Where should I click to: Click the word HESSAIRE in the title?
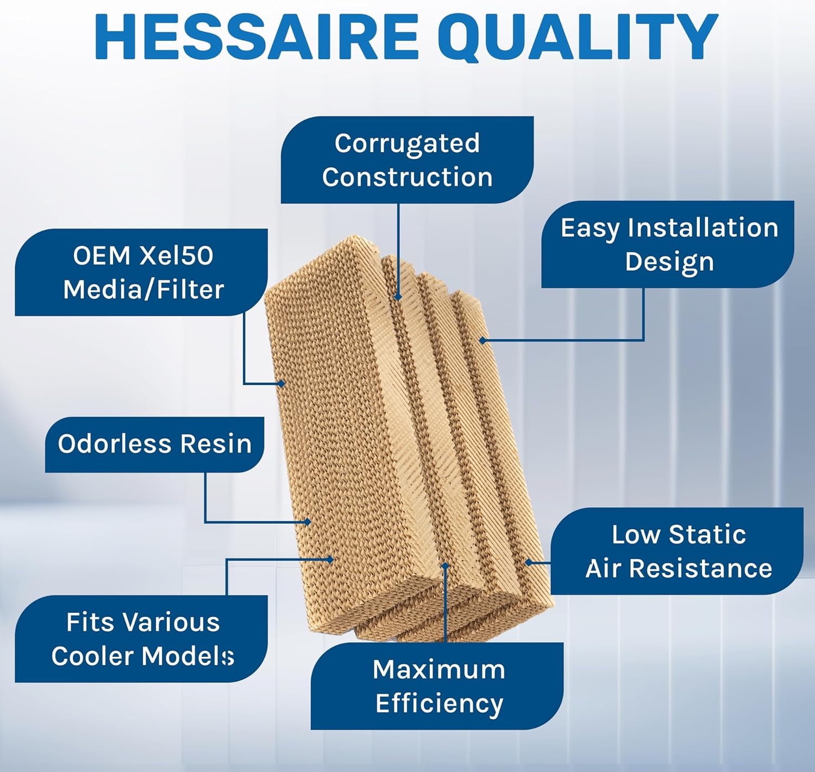coord(257,37)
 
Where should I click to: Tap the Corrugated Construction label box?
coord(407,160)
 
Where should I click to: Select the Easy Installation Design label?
coord(668,244)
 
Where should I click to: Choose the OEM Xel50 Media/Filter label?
coord(141,272)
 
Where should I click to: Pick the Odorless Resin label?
coord(155,444)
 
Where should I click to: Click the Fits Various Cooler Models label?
coord(141,639)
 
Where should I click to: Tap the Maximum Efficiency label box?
coord(437,686)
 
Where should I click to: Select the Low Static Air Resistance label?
coord(677,551)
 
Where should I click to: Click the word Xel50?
coord(177,255)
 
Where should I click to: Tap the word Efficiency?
coord(439,703)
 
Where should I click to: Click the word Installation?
coord(703,228)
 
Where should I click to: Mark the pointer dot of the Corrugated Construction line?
coord(398,297)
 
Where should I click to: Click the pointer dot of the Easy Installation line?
coord(482,341)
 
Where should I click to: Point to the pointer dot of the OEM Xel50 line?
coord(281,384)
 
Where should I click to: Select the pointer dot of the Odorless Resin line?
coord(308,522)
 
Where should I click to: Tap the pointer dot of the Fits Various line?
coord(330,560)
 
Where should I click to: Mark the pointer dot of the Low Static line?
coord(529,562)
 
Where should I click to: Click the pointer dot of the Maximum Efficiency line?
coord(445,565)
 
